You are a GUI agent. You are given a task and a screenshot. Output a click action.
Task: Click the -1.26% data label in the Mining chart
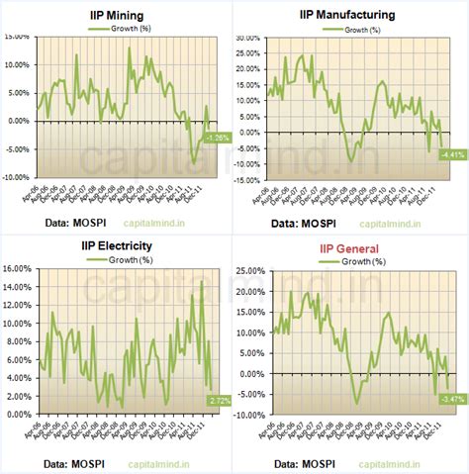tap(218, 138)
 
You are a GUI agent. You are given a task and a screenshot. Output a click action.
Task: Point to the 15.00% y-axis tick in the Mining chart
tap(17, 37)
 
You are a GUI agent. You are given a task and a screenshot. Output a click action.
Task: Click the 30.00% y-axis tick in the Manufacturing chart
tap(247, 37)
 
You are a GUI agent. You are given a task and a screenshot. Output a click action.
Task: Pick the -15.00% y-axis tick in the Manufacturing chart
tap(245, 181)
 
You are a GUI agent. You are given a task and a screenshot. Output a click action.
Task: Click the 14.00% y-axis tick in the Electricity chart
tap(19, 287)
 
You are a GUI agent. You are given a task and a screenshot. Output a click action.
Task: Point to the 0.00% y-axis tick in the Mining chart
tap(19, 121)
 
